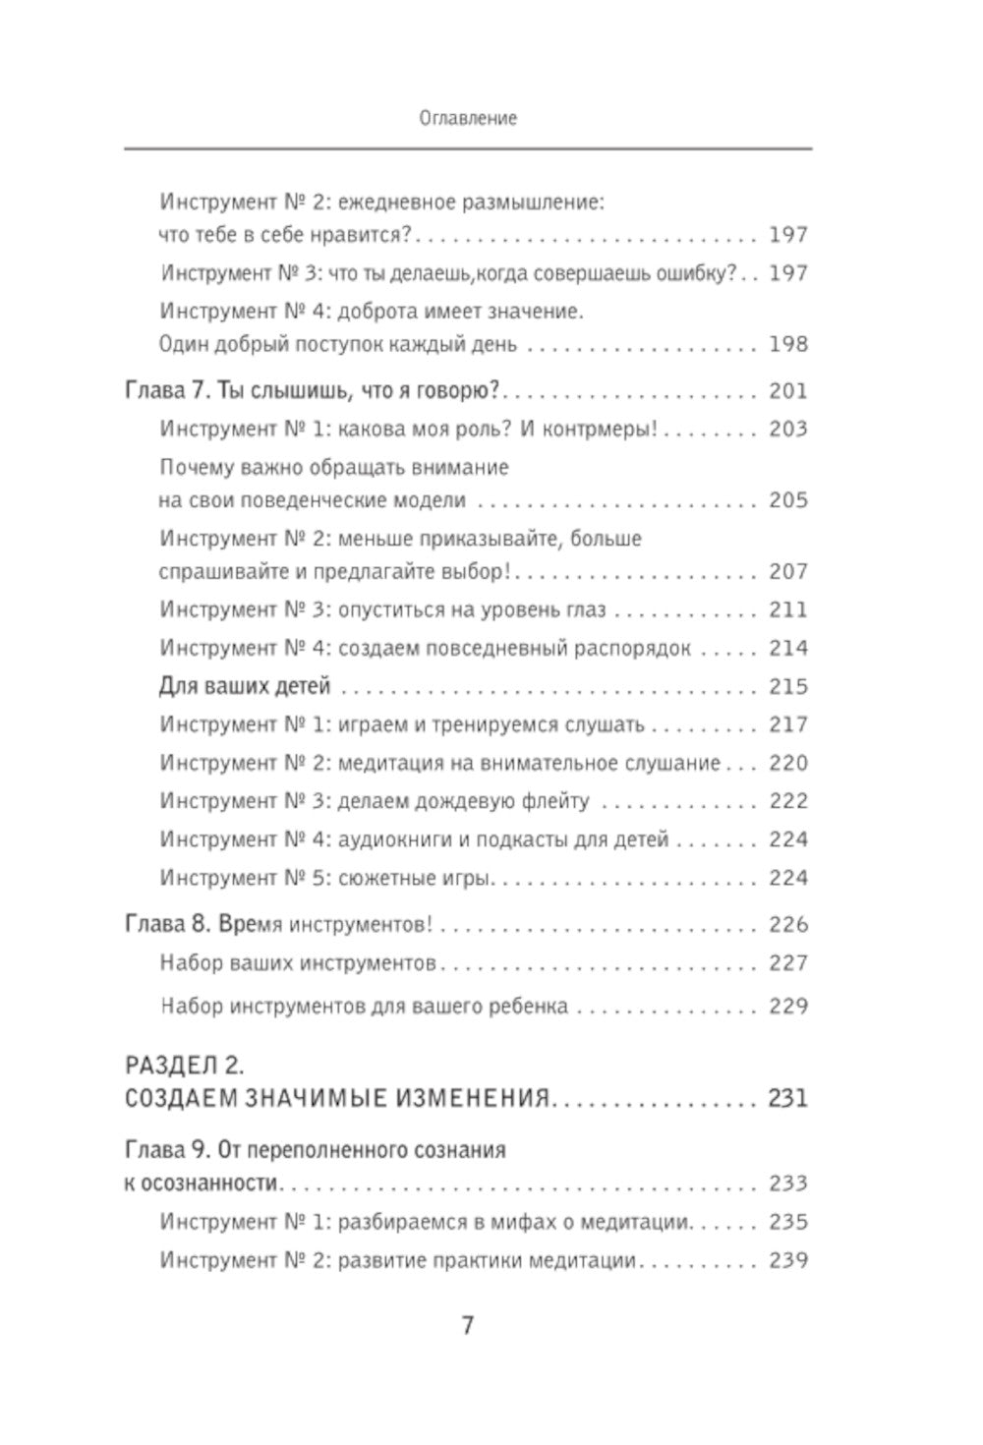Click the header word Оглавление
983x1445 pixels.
[x=468, y=118]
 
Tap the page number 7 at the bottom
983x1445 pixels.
[x=468, y=1325]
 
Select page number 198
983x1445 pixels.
[x=788, y=344]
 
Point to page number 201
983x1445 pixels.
[x=788, y=391]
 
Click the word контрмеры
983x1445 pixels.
[x=603, y=430]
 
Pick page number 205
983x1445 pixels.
[x=788, y=500]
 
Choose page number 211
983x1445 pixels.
[x=788, y=609]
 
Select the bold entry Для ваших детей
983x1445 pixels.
[x=244, y=686]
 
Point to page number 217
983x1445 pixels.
[x=788, y=724]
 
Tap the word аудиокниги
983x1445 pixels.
[x=392, y=839]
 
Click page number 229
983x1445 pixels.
[x=788, y=1007]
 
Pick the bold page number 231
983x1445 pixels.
[x=788, y=1098]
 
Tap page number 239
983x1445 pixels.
[x=788, y=1260]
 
